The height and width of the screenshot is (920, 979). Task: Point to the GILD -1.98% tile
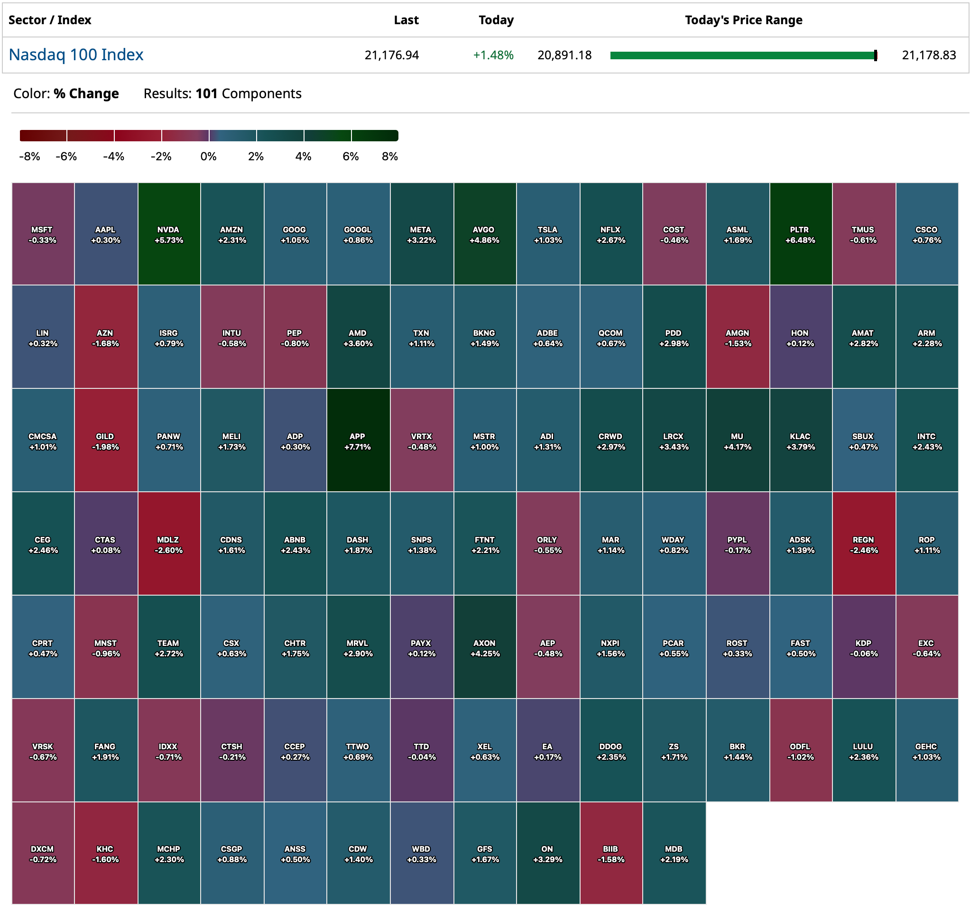tap(106, 442)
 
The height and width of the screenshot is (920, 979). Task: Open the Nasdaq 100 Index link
tap(76, 55)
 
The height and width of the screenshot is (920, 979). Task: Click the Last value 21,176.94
tap(392, 55)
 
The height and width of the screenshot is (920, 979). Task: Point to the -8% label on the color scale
tap(29, 157)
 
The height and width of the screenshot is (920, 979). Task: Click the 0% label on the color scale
tap(209, 157)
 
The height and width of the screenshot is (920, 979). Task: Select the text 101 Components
tap(249, 94)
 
